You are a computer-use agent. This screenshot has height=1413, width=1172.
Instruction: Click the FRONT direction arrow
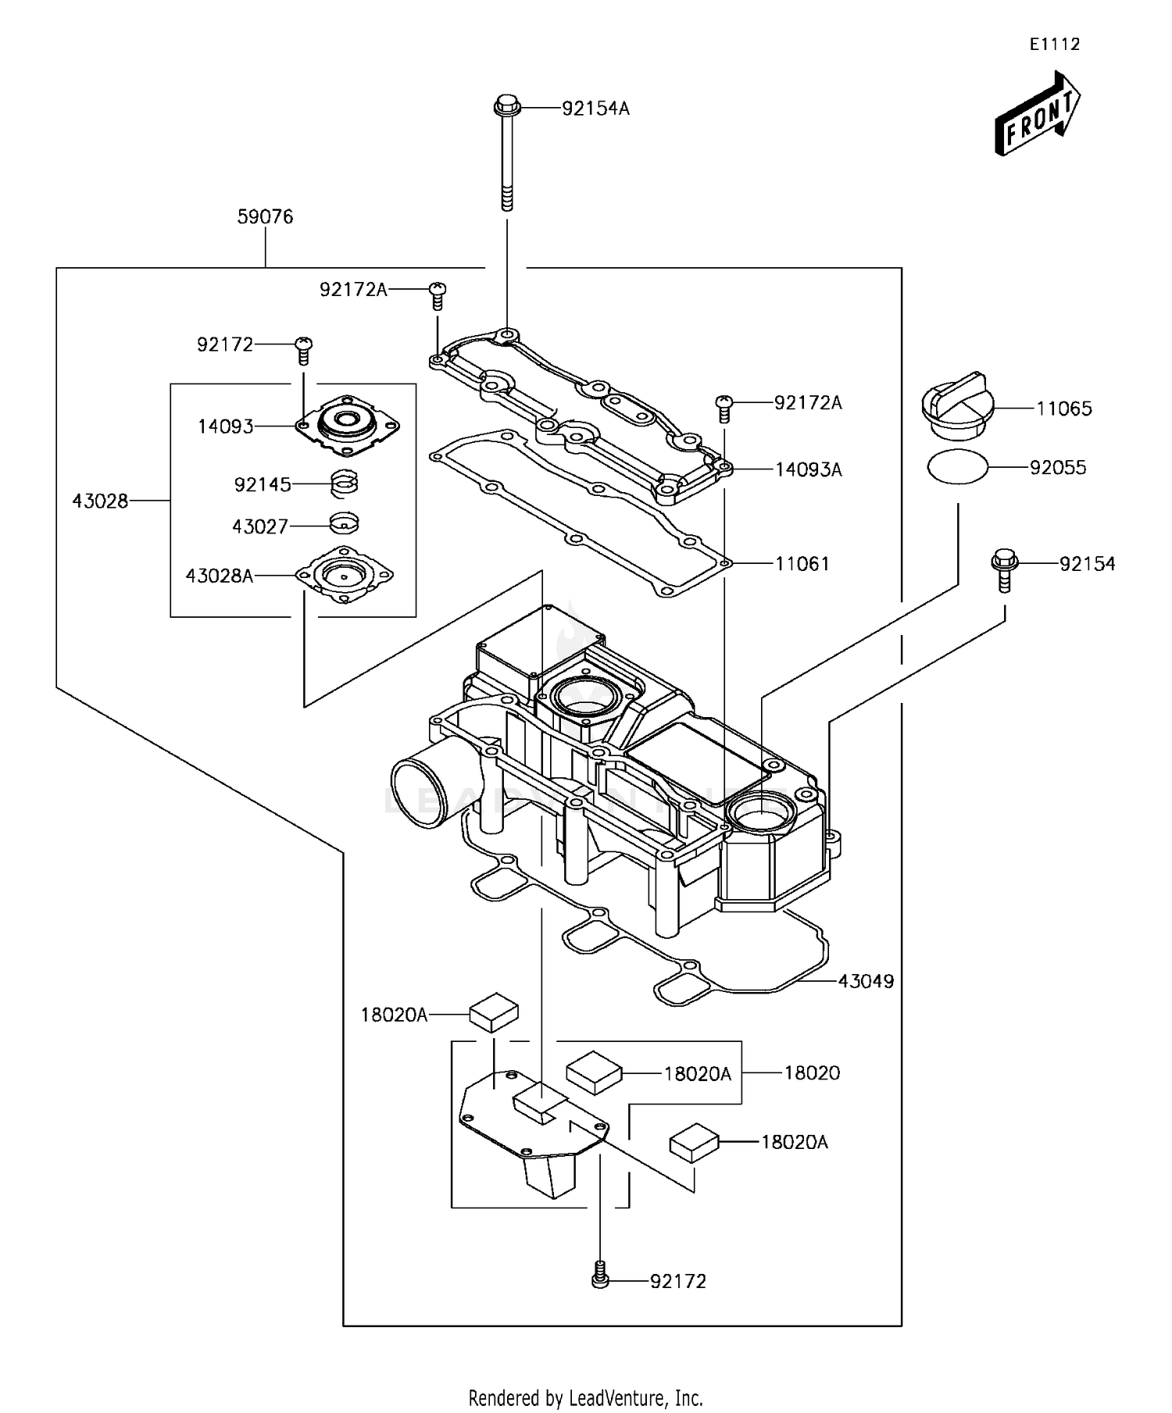tap(1038, 116)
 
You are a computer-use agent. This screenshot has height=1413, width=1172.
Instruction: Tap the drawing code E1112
tap(1054, 45)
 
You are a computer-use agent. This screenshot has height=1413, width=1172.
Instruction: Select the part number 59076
tap(265, 216)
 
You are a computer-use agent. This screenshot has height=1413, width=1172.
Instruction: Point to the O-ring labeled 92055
tap(958, 467)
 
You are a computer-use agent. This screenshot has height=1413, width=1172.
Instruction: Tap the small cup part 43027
tap(345, 523)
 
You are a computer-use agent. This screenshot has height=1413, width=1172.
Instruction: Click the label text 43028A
tap(220, 576)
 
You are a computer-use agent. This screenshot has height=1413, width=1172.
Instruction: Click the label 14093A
tap(809, 469)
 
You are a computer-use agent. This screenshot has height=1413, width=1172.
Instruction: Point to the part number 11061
tap(802, 563)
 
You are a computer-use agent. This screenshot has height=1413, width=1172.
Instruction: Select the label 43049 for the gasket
tap(866, 981)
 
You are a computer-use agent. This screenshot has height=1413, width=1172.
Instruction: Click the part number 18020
tap(812, 1073)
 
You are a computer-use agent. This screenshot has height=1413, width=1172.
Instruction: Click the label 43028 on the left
tap(100, 501)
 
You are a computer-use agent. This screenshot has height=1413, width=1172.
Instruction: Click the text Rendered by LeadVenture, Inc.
tap(585, 1397)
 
